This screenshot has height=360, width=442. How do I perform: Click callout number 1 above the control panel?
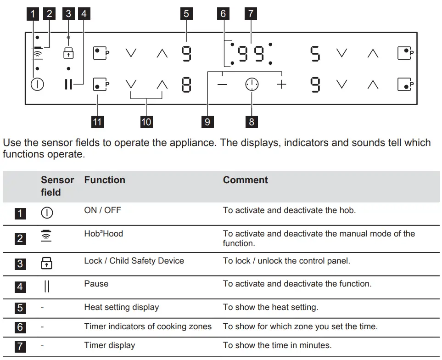[x=32, y=14]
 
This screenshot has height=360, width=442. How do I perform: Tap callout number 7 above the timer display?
[x=251, y=14]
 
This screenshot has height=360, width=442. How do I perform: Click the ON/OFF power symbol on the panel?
[x=37, y=85]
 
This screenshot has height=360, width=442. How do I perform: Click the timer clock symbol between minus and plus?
[x=252, y=85]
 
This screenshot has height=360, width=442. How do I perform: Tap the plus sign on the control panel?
[x=281, y=85]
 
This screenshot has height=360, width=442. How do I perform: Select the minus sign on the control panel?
[x=222, y=85]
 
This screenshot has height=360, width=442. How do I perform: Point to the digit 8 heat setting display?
[x=186, y=85]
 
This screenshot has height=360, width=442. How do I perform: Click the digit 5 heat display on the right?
[x=315, y=54]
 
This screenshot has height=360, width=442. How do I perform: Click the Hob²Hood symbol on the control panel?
[x=37, y=53]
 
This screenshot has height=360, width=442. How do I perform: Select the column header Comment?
[x=245, y=180]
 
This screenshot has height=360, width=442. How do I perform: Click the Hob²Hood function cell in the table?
[x=103, y=234]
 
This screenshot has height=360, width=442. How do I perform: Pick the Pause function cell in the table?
[x=96, y=284]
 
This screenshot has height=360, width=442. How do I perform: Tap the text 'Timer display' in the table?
[x=109, y=345]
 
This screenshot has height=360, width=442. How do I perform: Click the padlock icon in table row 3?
[x=47, y=263]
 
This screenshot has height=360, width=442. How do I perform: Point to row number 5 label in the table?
[x=19, y=307]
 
